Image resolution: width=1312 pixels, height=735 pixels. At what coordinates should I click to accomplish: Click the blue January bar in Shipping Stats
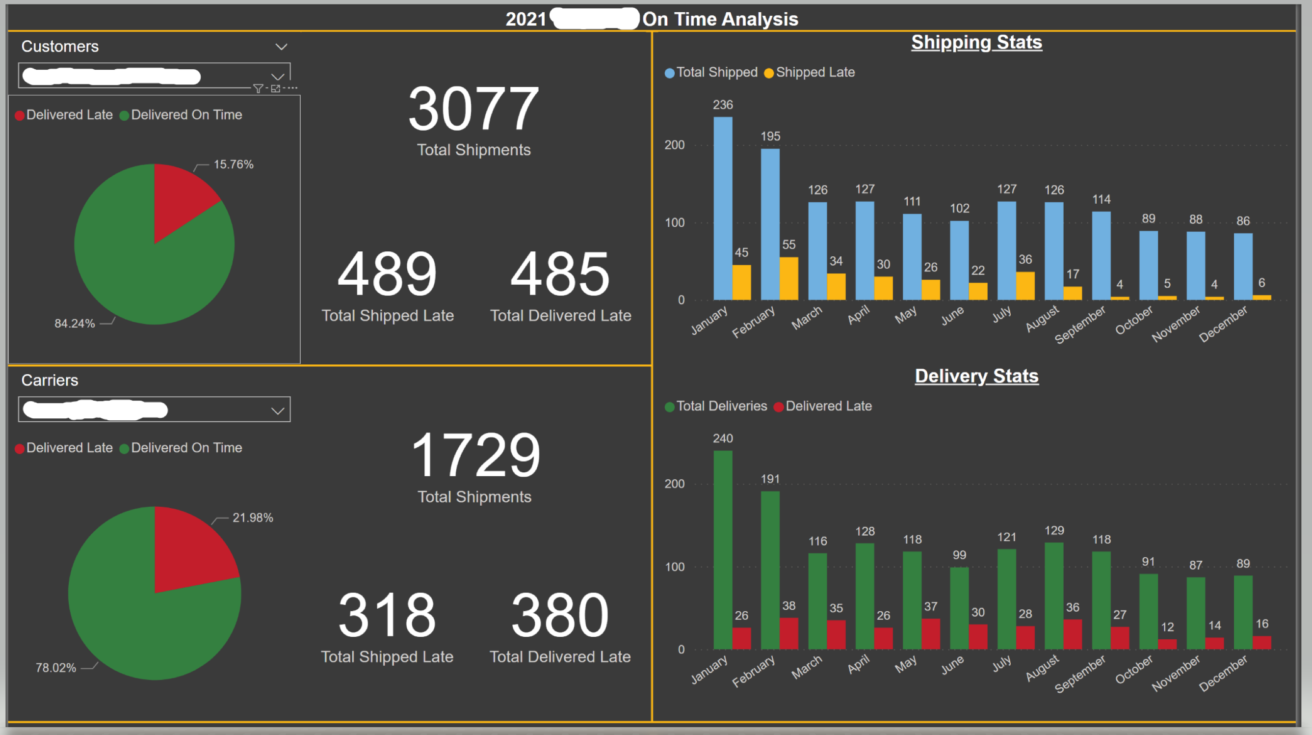[x=723, y=209]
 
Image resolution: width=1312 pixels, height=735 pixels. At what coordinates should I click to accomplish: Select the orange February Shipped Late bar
[x=789, y=279]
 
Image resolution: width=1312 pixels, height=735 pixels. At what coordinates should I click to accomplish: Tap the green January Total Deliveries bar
[x=723, y=550]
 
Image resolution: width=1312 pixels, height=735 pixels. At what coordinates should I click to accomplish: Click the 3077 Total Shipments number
[x=473, y=109]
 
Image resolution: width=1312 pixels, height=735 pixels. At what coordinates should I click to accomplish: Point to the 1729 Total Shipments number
[x=475, y=455]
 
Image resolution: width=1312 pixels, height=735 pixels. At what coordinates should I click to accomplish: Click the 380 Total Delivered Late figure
[x=560, y=615]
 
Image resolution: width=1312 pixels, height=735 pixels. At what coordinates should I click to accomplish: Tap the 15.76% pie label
[x=233, y=164]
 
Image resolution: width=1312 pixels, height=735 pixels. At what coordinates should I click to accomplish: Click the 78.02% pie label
[x=55, y=668]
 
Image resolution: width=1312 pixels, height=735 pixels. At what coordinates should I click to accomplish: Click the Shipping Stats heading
[x=976, y=42]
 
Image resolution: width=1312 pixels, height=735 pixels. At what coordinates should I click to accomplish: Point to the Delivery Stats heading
[x=976, y=376]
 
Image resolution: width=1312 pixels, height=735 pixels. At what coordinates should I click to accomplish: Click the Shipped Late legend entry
[x=814, y=72]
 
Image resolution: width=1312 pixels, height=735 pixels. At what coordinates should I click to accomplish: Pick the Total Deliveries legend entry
[x=721, y=406]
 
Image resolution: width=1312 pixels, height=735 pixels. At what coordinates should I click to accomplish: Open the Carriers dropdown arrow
[x=278, y=411]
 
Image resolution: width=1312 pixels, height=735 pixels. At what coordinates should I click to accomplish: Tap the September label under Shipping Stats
[x=1080, y=325]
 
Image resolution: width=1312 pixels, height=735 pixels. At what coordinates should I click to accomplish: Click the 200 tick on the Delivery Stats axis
[x=674, y=484]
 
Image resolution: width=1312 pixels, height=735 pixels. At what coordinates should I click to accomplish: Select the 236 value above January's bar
[x=723, y=105]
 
